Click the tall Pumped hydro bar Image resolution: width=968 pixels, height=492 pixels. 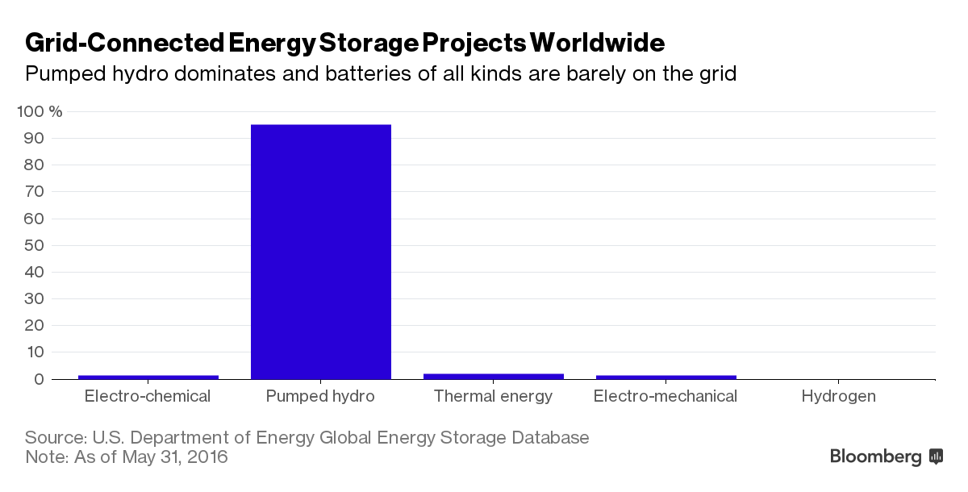321,252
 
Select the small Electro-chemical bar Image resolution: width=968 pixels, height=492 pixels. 148,377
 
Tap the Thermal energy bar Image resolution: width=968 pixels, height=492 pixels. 494,376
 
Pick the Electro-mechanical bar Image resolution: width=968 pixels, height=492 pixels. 665,377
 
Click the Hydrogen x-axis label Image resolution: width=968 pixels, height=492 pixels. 838,396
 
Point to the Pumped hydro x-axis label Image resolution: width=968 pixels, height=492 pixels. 321,396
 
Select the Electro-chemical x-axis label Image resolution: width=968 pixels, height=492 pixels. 148,396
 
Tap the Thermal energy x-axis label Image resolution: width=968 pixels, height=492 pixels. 493,396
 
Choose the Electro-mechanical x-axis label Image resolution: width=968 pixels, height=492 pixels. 665,396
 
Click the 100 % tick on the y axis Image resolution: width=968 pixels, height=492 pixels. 39,111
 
